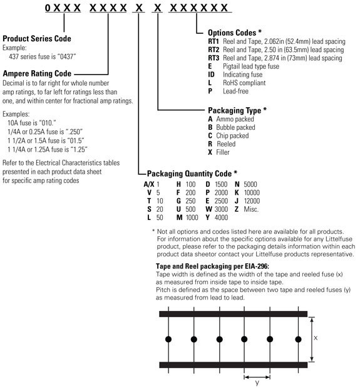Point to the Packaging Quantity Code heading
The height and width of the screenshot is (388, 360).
click(x=192, y=172)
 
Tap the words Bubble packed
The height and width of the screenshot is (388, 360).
click(x=235, y=127)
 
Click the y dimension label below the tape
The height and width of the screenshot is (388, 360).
click(x=256, y=384)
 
